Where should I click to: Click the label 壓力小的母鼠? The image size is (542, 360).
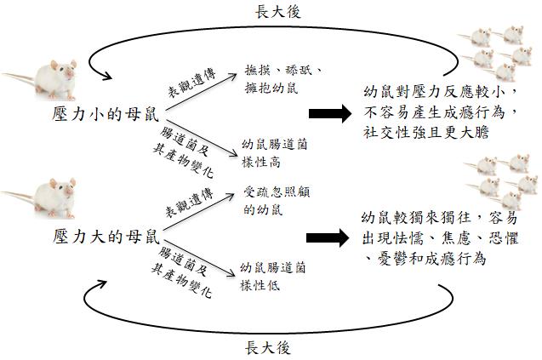106,114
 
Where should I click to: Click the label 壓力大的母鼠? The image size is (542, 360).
106,237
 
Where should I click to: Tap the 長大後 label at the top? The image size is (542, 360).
278,11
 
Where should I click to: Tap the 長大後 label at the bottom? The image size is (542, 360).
268,347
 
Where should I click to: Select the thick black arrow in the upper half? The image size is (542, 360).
330,113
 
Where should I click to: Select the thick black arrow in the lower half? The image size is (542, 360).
328,237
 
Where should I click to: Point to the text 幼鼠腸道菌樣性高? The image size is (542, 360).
275,153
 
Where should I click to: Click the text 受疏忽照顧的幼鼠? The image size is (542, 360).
277,201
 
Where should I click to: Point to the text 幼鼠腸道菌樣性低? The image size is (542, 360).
273,277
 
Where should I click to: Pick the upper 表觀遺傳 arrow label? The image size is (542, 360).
191,83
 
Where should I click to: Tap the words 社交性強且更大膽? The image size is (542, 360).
425,133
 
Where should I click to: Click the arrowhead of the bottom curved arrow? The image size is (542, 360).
100,285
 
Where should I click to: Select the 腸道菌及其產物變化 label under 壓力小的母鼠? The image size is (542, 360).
185,151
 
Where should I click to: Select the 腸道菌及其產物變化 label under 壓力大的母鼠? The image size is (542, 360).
183,272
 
